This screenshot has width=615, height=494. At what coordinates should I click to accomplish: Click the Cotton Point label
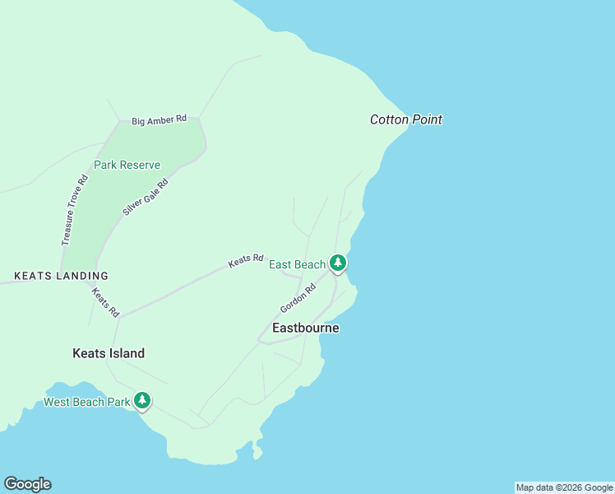[405, 119]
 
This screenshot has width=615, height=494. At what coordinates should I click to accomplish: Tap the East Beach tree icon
[337, 263]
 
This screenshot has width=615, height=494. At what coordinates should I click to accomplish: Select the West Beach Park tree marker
[142, 401]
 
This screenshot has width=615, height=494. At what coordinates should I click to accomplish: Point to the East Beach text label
[297, 264]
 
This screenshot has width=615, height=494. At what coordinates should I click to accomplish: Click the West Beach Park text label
[86, 403]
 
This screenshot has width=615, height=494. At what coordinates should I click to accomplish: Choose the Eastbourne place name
[305, 328]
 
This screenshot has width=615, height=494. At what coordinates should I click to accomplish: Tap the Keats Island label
[109, 353]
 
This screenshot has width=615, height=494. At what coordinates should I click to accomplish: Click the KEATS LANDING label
[61, 276]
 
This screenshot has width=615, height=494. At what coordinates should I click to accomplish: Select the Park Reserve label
[127, 165]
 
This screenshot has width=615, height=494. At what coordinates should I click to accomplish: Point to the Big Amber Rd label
[159, 121]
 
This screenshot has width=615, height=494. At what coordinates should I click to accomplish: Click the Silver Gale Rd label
[146, 198]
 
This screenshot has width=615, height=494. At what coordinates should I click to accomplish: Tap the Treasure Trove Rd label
[74, 210]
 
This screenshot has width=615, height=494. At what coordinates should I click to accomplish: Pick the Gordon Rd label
[298, 298]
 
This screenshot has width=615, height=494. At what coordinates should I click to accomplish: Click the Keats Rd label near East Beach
[245, 260]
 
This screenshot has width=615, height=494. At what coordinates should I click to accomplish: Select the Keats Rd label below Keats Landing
[106, 302]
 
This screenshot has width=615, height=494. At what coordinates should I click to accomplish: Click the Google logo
[27, 484]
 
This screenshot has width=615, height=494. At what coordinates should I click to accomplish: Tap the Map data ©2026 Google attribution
[564, 487]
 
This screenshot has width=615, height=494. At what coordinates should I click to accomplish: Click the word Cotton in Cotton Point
[388, 119]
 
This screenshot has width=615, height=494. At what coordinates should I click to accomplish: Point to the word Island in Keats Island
[126, 353]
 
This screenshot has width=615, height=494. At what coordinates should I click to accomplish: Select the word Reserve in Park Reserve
[141, 165]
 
